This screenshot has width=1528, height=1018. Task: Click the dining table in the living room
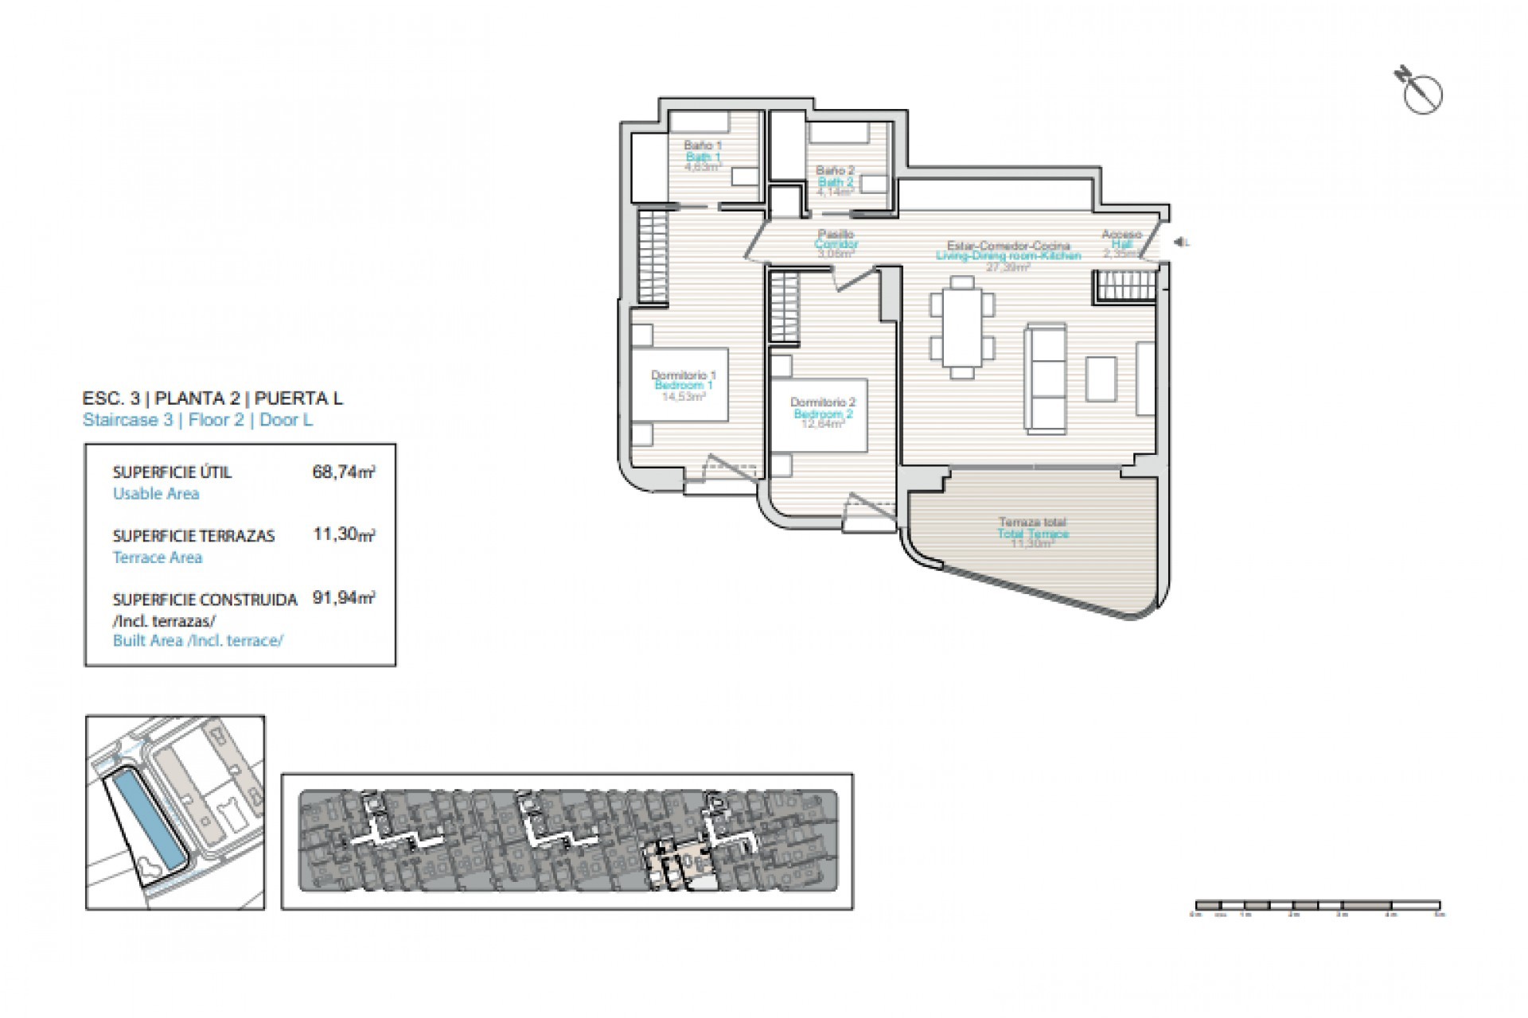(962, 327)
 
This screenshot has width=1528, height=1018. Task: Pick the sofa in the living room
(1046, 378)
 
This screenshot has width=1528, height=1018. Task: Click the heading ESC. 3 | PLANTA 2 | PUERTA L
(212, 398)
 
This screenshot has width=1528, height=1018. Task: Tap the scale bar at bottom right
(1317, 905)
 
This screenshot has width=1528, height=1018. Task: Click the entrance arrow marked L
(1181, 243)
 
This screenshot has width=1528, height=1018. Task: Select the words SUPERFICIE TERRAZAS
(193, 536)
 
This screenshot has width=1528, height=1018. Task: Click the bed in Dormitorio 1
(680, 384)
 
